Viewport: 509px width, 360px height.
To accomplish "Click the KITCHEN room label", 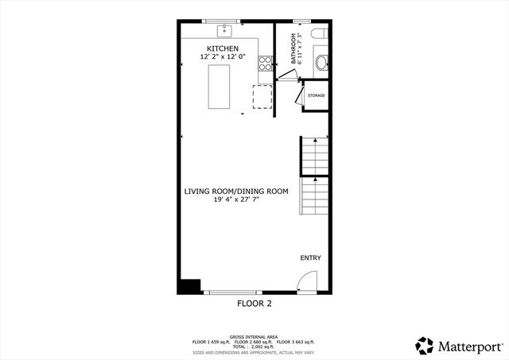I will tap(223, 49).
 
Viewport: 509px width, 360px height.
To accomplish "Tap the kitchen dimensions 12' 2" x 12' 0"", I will tap(223, 57).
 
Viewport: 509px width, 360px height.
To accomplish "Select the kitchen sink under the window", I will tap(225, 30).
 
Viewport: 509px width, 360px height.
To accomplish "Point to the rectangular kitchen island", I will tap(220, 87).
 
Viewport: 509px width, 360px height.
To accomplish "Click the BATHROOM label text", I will tap(293, 48).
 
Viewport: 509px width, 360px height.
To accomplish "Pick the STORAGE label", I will tap(317, 95).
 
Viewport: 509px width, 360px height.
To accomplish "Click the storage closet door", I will tap(298, 96).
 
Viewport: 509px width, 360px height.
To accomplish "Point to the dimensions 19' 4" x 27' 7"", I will tap(236, 199).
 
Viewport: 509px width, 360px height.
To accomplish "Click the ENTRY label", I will tap(311, 258).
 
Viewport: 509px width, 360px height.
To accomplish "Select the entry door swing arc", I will tap(308, 281).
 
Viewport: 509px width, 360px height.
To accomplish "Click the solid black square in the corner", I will tap(190, 286).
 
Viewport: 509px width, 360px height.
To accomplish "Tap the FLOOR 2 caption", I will tap(254, 304).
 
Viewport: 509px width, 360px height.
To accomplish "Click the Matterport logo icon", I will tap(425, 345).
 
